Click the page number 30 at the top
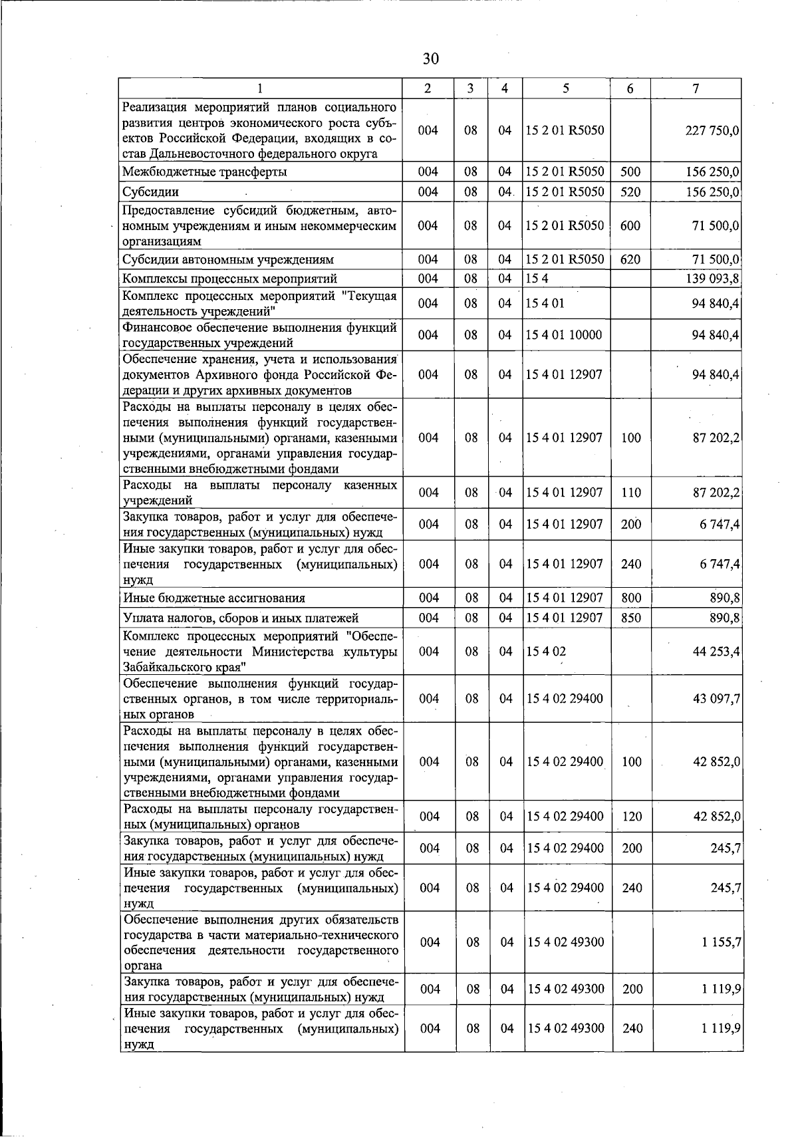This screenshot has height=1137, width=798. [431, 59]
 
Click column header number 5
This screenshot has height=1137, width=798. [565, 88]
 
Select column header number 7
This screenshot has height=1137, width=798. [695, 88]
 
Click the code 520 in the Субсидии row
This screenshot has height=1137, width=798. [630, 192]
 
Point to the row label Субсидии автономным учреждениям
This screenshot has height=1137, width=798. [228, 260]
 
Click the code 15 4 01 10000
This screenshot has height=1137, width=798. [563, 335]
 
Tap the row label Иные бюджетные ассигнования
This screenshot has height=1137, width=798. [214, 598]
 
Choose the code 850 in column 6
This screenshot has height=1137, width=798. [630, 618]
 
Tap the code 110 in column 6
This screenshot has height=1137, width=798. [630, 493]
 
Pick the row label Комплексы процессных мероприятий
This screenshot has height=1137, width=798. [229, 279]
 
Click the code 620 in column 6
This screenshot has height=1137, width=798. [630, 260]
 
